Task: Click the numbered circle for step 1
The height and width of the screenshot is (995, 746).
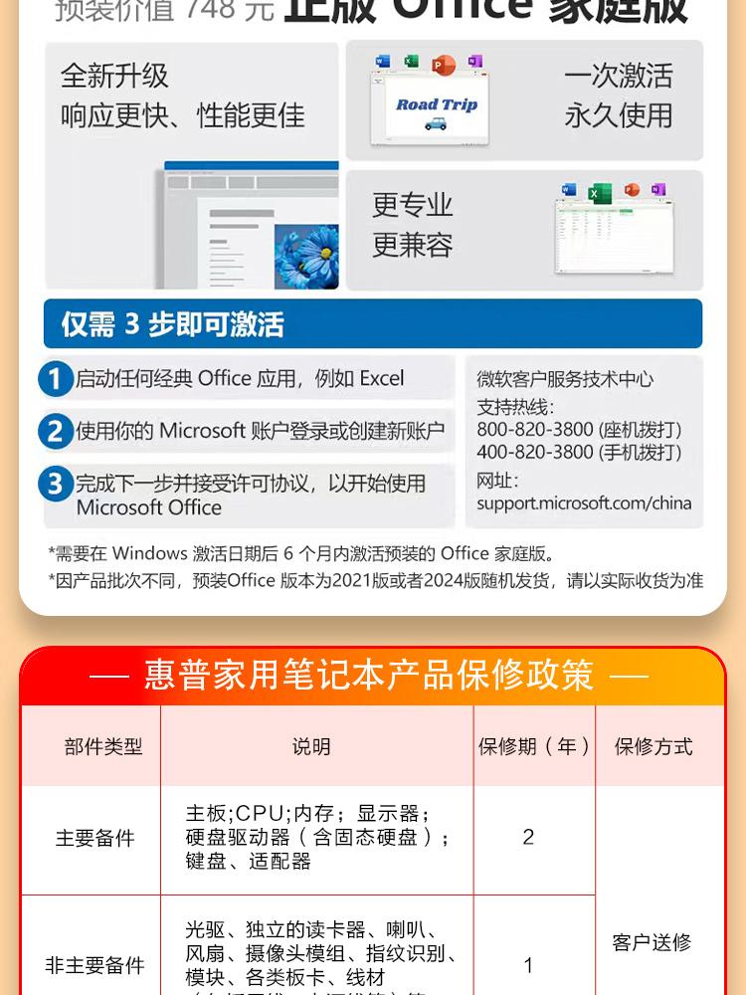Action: coord(56,379)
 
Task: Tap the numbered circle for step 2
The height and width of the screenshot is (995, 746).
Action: coord(56,432)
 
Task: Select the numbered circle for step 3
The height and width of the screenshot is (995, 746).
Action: coord(56,485)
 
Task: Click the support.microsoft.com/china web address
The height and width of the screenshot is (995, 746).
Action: coord(584,502)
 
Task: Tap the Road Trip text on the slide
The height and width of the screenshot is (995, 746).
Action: coord(437,104)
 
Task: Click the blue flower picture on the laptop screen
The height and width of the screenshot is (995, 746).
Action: coord(305,256)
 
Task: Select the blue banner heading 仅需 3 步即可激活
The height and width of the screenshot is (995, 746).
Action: coord(173,324)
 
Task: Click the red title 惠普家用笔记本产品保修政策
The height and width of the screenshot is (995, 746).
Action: coord(369,676)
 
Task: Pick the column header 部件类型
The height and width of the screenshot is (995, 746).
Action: coord(103,746)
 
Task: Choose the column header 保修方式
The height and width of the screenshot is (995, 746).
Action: coord(653,746)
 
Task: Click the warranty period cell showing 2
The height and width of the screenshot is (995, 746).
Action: coord(528,837)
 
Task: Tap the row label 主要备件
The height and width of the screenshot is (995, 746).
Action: coord(94,838)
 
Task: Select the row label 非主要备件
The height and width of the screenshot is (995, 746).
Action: coord(94,965)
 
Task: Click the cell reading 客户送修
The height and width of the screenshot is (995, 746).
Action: coord(652,942)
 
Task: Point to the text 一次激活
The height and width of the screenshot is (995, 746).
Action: coord(619,76)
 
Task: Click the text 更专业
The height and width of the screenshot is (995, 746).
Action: coord(413,205)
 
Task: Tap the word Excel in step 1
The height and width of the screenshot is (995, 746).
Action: coord(382,378)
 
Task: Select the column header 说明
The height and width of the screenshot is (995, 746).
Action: coord(311,746)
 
